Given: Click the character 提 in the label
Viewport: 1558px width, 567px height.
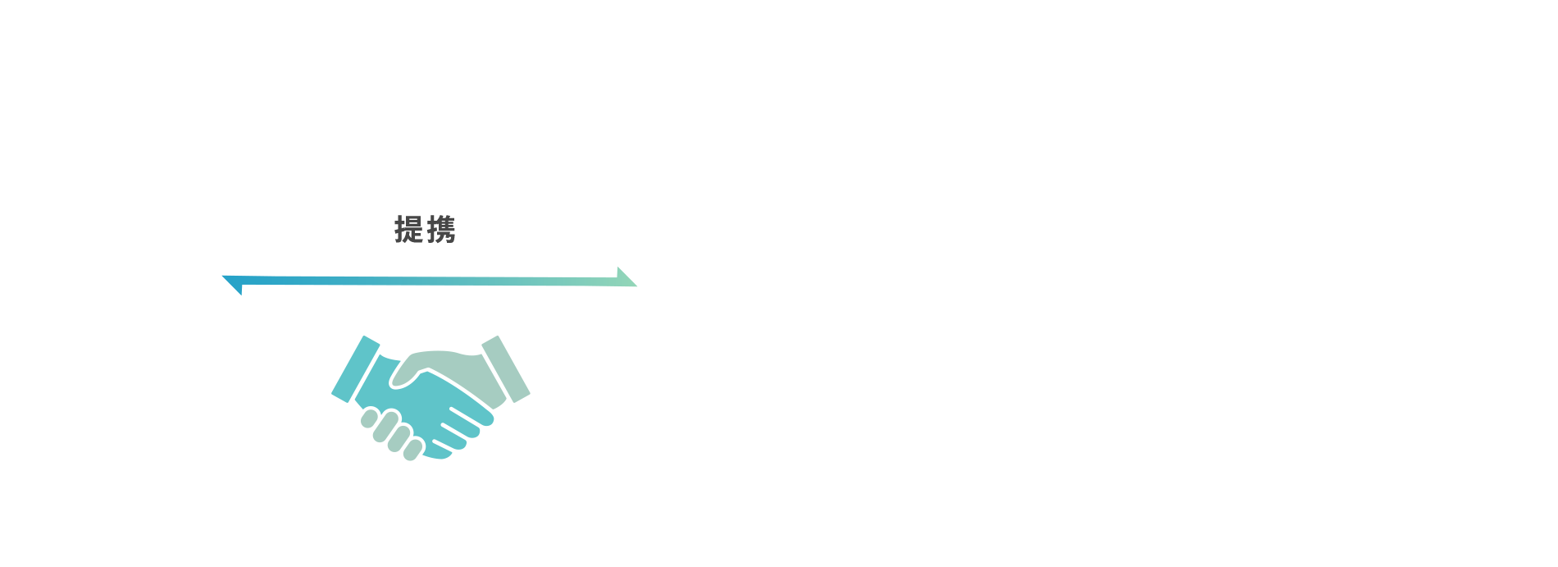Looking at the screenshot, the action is pos(408,230).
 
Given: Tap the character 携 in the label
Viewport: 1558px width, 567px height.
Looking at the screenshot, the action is pos(441,230).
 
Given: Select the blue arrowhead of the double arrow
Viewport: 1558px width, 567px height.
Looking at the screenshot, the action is pos(233,285).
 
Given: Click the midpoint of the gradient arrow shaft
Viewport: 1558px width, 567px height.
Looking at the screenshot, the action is pos(430,281).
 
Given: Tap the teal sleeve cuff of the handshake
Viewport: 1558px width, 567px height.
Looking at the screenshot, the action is pos(356,369).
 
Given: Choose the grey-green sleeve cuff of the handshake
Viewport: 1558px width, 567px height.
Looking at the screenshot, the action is pos(505,369).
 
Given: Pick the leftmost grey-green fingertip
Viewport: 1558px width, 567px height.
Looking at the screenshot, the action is pos(369,418).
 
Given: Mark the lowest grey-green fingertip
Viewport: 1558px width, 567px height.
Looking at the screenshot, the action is pos(412,450).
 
